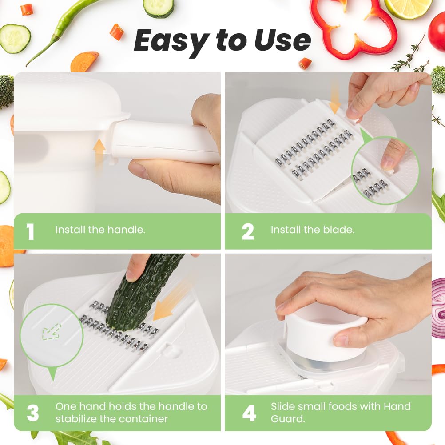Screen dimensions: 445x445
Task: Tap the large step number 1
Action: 30,231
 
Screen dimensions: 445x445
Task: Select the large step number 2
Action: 248,231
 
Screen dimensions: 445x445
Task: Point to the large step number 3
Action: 32,413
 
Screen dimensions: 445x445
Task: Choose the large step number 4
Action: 249,413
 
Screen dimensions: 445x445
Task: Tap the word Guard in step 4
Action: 288,419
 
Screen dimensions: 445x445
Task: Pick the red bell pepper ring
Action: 354,27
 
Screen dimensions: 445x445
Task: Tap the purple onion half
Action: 438,308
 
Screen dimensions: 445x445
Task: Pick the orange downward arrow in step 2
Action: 335,96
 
